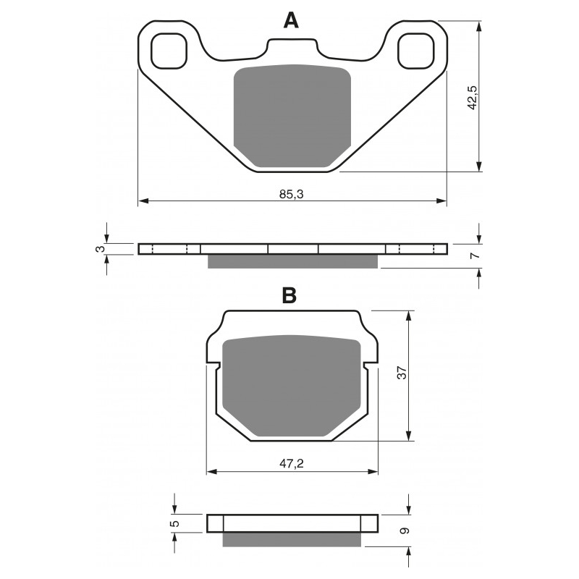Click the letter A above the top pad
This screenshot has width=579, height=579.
pos(291,20)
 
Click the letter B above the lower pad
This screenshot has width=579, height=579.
pos(289,295)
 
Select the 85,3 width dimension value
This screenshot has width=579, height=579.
pos(292,194)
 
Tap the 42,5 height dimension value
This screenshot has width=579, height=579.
pos(473,98)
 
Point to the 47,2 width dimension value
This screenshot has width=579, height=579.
pos(292,464)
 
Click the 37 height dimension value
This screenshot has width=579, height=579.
pos(402,373)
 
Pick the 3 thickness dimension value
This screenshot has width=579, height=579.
pos(99,249)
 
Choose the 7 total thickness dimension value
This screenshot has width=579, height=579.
pos(476,255)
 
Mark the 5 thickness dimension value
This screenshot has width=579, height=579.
pos(175,523)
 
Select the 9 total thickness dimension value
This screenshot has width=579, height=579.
pos(405,531)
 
